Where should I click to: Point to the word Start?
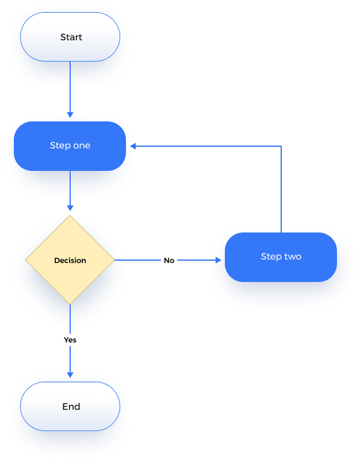pyautogui.click(x=71, y=37)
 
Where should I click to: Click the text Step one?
pyautogui.click(x=70, y=146)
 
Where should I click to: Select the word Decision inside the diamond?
pyautogui.click(x=70, y=261)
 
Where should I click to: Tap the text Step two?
pyautogui.click(x=281, y=256)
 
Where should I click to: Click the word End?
pyautogui.click(x=71, y=406)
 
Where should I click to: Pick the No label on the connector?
pyautogui.click(x=169, y=261)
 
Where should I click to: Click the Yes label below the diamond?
pyautogui.click(x=70, y=340)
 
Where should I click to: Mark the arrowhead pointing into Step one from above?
pyautogui.click(x=70, y=114)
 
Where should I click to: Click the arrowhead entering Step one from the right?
pyautogui.click(x=134, y=146)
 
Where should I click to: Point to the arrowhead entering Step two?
pyautogui.click(x=218, y=261)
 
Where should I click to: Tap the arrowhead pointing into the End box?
pyautogui.click(x=70, y=375)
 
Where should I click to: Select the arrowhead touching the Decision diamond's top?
pyautogui.click(x=70, y=208)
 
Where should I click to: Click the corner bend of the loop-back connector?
pyautogui.click(x=281, y=146)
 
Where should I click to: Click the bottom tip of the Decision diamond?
pyautogui.click(x=70, y=303)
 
